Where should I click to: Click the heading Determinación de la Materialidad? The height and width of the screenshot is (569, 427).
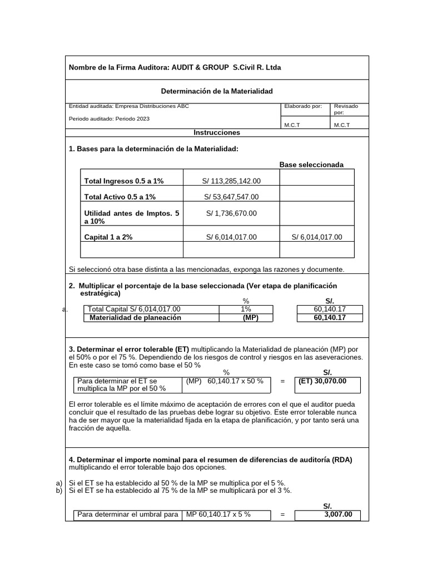click(x=217, y=91)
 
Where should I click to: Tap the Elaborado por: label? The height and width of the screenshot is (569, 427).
click(x=302, y=106)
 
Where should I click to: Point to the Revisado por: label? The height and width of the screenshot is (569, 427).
click(x=346, y=109)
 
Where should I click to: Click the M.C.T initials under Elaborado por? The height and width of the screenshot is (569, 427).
click(x=292, y=125)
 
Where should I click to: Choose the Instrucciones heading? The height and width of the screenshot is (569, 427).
click(x=217, y=133)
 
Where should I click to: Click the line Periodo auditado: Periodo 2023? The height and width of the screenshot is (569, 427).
click(x=109, y=118)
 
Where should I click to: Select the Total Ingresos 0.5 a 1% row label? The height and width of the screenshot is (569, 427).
click(x=124, y=181)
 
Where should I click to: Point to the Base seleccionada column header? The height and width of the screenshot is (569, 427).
click(x=311, y=164)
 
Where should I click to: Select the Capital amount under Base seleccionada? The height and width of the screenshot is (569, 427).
click(x=317, y=237)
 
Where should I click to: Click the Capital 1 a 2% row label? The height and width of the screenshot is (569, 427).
click(x=108, y=237)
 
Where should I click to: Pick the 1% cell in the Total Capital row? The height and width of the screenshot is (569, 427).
click(x=246, y=309)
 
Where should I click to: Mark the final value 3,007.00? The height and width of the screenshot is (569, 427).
click(x=338, y=515)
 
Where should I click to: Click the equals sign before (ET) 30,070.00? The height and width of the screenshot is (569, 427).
click(x=283, y=382)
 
